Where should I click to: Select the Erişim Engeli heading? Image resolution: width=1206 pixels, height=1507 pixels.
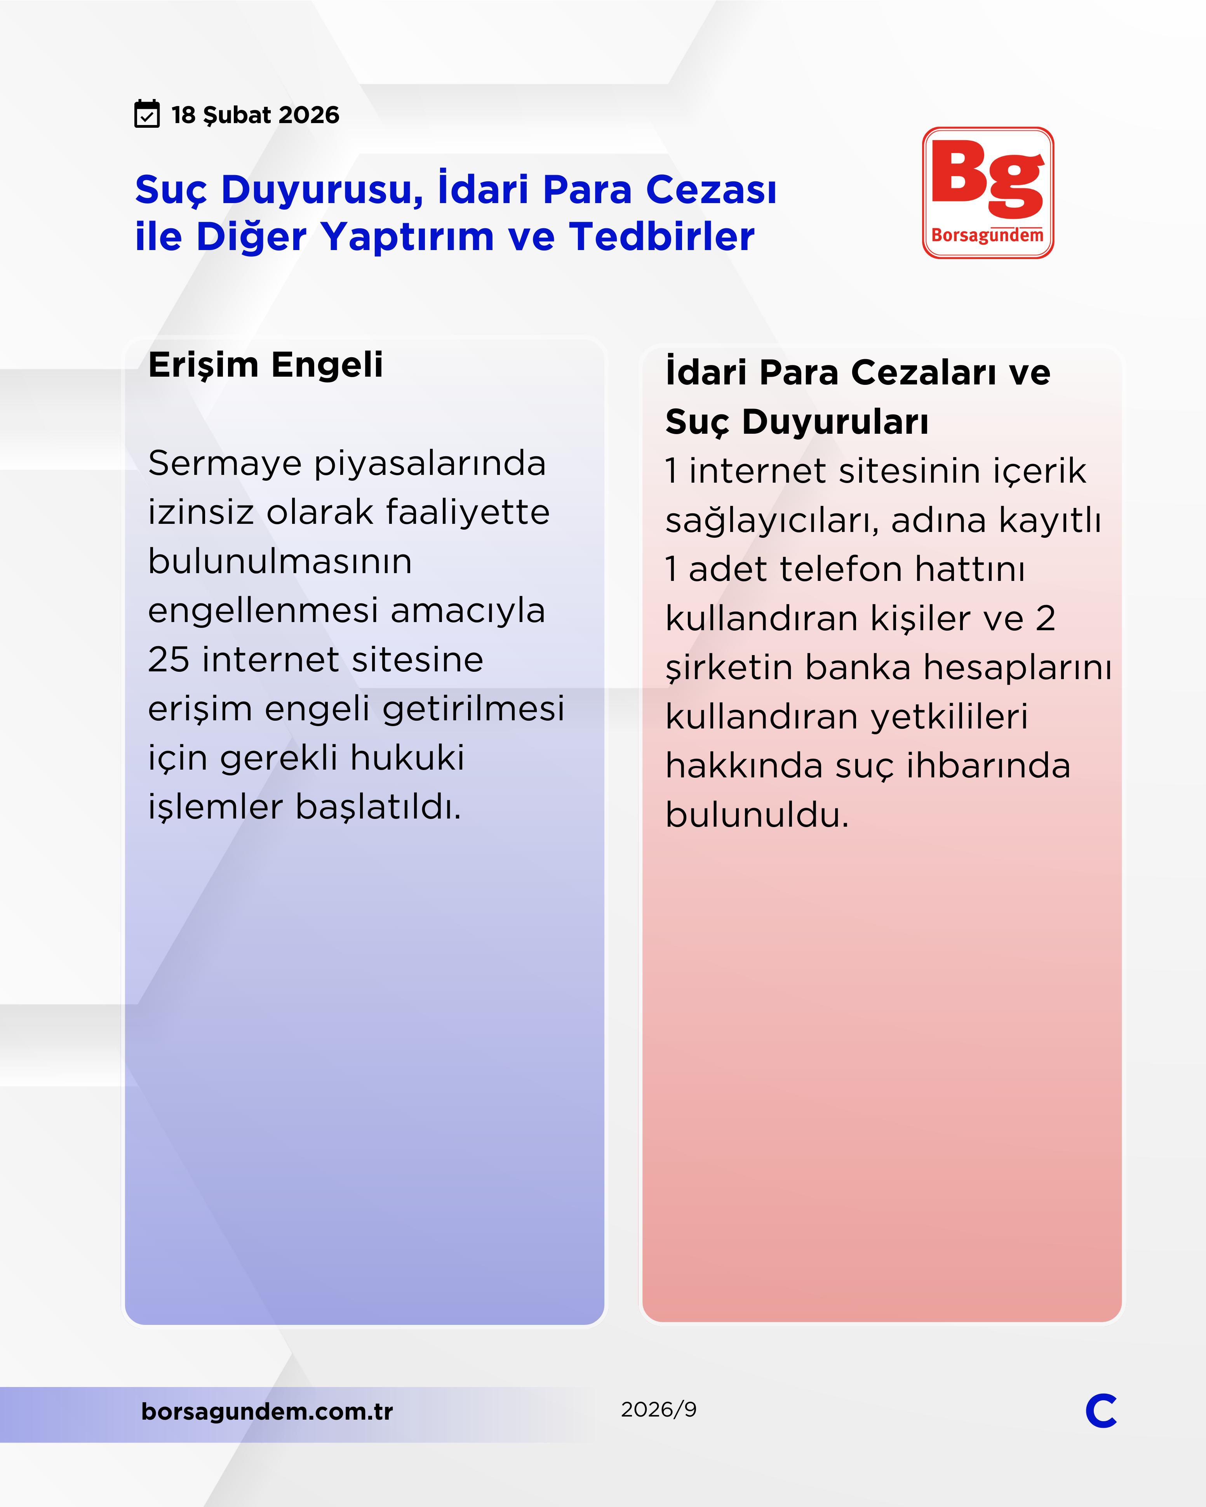[x=266, y=365]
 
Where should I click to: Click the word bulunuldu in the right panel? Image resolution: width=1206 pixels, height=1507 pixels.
[x=757, y=815]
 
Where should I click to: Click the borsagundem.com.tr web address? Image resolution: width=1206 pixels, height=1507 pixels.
[x=267, y=1411]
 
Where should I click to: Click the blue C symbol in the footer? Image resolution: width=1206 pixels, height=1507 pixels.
[x=1100, y=1411]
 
